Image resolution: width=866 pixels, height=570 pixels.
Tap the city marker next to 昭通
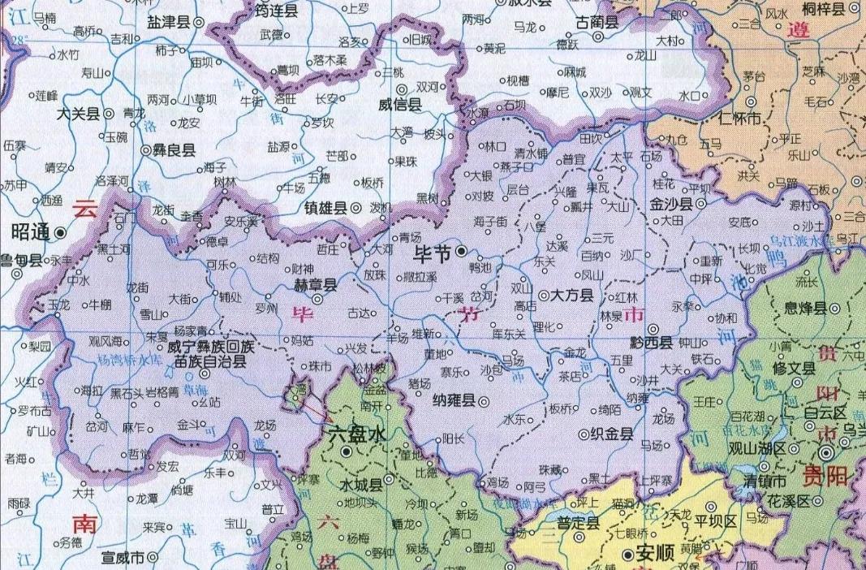point(62,233)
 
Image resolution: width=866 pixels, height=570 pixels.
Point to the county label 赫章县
point(314,286)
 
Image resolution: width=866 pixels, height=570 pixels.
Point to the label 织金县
point(612,434)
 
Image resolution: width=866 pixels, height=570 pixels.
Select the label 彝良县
point(172,150)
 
